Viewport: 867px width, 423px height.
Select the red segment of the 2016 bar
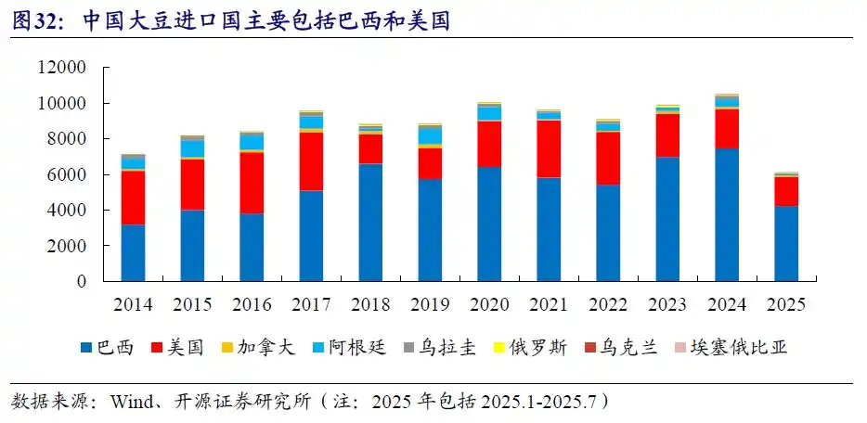(x=251, y=183)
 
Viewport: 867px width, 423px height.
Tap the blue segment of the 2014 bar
(x=133, y=252)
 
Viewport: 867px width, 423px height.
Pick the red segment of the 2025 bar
(x=785, y=190)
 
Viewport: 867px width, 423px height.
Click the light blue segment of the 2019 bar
(x=429, y=135)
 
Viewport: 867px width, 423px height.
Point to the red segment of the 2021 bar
(x=548, y=148)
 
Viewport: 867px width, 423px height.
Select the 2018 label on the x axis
(x=369, y=304)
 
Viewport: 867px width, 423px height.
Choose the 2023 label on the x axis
(x=666, y=304)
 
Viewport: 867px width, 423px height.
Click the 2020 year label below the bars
(x=488, y=304)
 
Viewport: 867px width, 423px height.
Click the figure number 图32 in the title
(x=34, y=20)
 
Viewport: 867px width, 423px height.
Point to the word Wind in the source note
(x=129, y=403)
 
